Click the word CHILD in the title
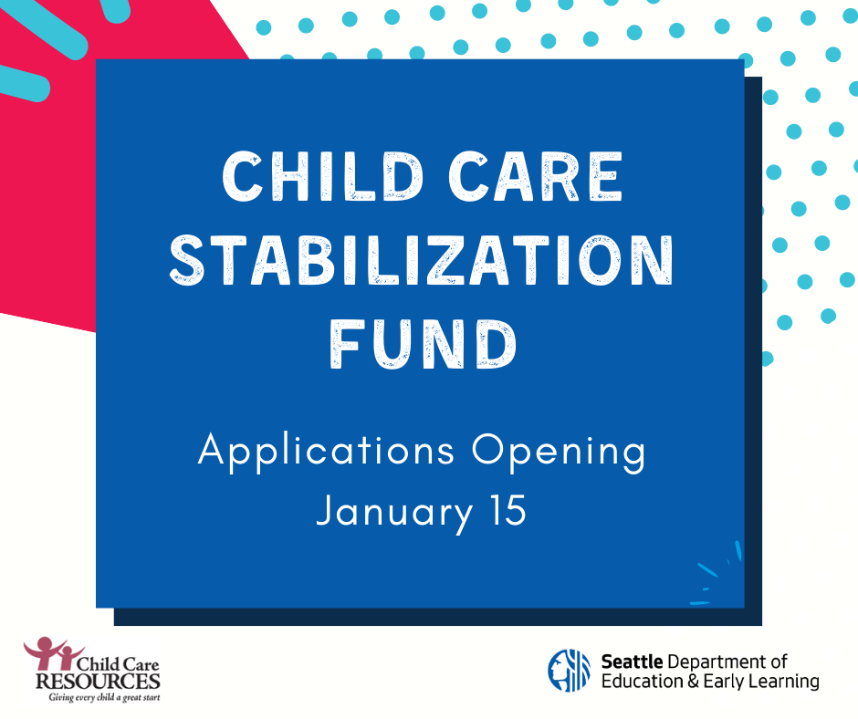coord(322,176)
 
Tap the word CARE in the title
coord(535,176)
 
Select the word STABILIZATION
coord(422,260)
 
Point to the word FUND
coord(423,344)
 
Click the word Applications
coord(326,452)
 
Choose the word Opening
coord(559,452)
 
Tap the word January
coord(394,512)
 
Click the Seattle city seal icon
coord(569,671)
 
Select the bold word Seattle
coord(632,662)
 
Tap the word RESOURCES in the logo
coord(98,682)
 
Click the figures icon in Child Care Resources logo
coord(52,652)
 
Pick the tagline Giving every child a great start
coord(105,698)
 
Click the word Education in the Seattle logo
coord(643,682)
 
